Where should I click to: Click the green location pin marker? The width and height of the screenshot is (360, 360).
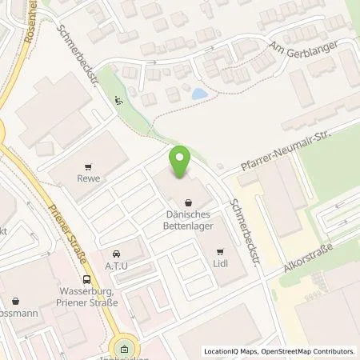coord(181,159)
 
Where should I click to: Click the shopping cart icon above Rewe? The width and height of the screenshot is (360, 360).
coord(90,167)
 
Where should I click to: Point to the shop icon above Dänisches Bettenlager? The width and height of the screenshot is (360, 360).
coord(188,202)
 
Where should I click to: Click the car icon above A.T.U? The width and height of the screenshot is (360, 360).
coord(117,253)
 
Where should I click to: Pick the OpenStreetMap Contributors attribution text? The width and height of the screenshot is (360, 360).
coord(309,351)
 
